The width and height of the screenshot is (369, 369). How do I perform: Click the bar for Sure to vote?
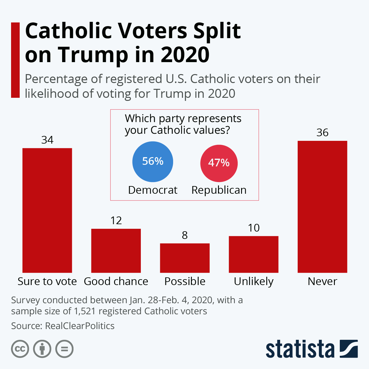point(47,210)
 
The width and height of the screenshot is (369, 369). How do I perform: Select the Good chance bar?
point(116,251)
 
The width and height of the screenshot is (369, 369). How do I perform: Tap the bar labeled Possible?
point(185,258)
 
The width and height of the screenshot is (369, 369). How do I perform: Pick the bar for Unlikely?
point(254,254)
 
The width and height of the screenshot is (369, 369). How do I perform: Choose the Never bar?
point(322,207)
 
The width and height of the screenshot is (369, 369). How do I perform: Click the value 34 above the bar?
point(47,140)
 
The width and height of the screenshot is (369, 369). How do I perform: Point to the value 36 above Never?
point(322,133)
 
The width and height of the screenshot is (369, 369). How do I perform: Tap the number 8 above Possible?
point(185,236)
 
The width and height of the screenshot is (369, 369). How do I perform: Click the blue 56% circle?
point(153,161)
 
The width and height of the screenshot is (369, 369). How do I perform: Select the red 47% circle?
point(219,163)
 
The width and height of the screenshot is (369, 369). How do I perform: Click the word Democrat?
point(153,190)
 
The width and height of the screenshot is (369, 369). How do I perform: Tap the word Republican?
point(219,190)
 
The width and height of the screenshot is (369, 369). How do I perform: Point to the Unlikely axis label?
point(254,281)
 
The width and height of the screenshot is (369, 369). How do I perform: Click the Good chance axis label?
point(116,281)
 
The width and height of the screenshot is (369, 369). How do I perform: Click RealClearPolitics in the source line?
point(80,326)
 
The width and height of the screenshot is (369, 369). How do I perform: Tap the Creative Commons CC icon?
point(20,349)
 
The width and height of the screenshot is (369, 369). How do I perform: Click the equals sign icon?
point(65,349)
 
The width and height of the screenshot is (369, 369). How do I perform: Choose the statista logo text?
point(300,349)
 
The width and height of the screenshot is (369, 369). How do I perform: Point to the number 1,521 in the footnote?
point(85,311)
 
